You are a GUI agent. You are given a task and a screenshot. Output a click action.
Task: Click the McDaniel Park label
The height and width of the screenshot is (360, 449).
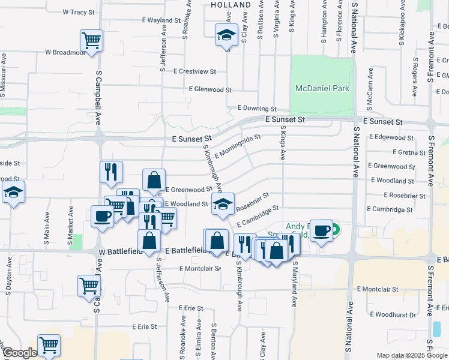(x=322, y=89)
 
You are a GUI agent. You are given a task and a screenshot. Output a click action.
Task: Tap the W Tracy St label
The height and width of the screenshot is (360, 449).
(x=79, y=12)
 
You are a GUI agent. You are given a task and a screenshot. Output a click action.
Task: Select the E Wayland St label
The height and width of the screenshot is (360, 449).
(x=161, y=20)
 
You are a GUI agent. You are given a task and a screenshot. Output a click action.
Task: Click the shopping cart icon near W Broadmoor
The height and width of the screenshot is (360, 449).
(x=92, y=41)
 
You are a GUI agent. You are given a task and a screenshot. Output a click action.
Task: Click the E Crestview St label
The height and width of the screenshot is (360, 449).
(x=194, y=71)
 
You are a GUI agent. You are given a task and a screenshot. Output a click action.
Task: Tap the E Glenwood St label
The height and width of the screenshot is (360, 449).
(x=209, y=89)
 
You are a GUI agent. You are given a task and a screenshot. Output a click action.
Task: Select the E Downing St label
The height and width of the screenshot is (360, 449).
(x=256, y=109)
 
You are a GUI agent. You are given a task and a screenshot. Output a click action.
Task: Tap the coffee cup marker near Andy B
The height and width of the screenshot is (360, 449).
(x=321, y=231)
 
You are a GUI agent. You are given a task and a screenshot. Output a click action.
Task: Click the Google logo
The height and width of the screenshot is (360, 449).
(x=20, y=353)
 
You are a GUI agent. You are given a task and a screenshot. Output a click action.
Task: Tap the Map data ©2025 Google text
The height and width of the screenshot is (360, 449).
(x=412, y=356)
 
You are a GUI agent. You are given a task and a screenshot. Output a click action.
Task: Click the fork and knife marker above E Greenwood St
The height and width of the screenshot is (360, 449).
(x=110, y=172)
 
